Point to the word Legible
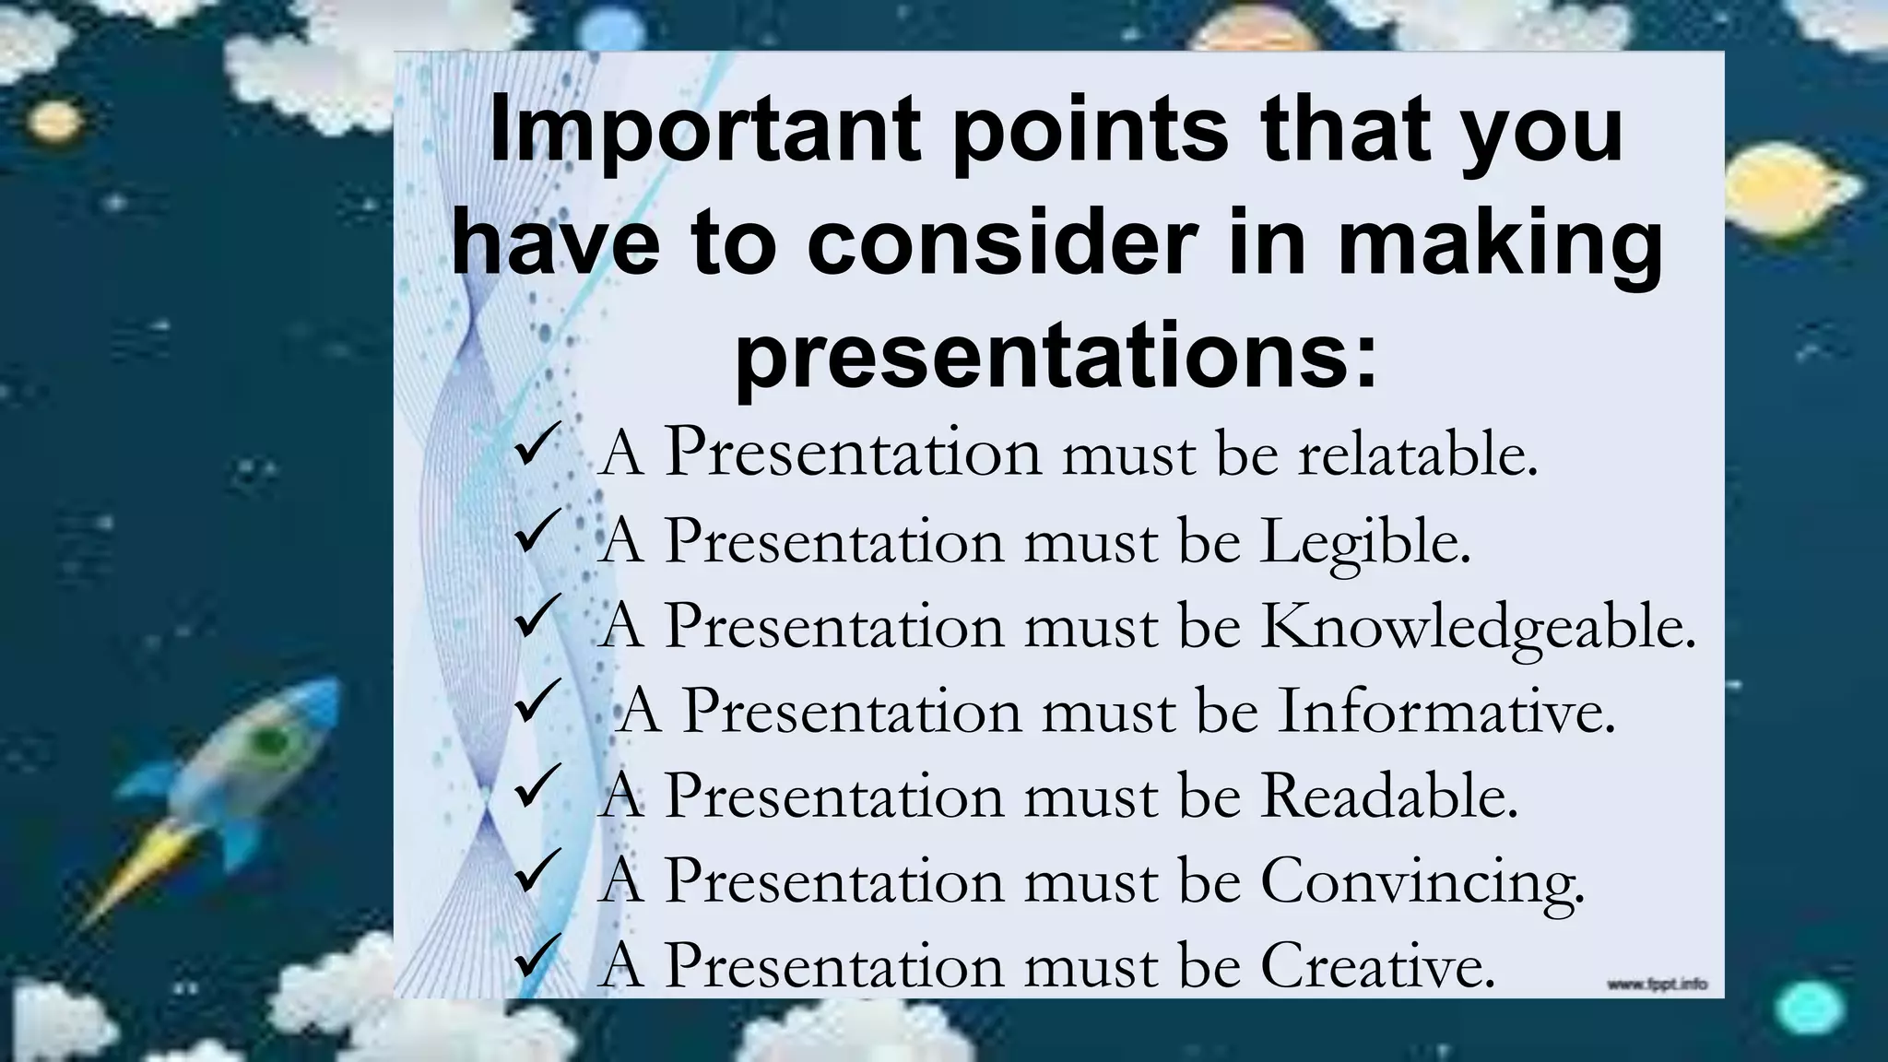[x=1365, y=543]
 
